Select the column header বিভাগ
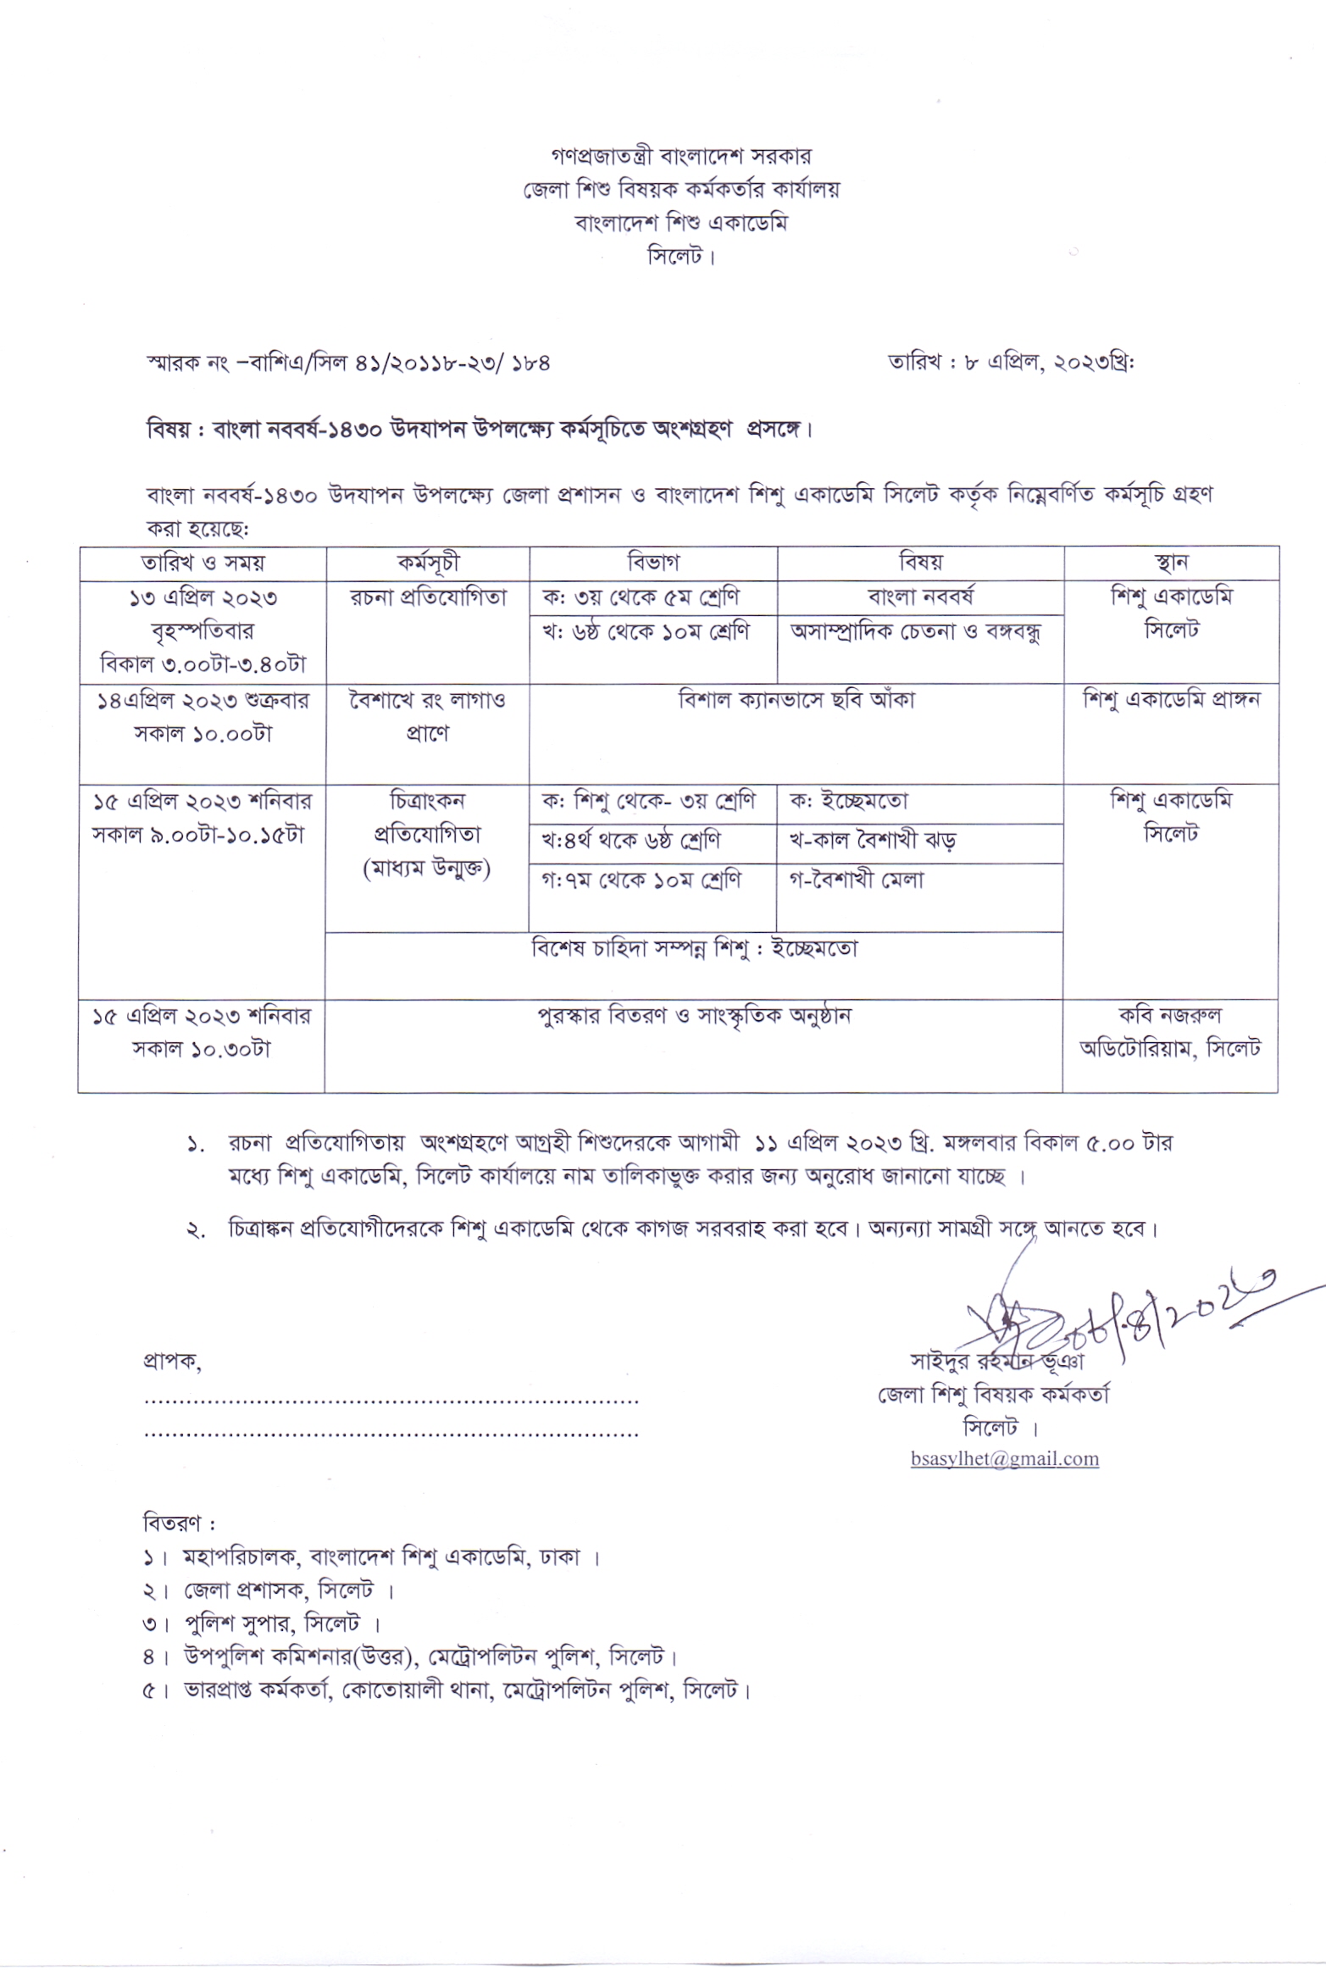tap(653, 563)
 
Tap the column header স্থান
tap(1171, 563)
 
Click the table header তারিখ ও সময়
tap(203, 563)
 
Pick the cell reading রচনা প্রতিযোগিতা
tap(428, 598)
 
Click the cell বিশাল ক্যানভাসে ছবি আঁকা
tap(796, 701)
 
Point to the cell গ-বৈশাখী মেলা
tap(857, 880)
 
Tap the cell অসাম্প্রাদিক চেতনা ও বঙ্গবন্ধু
tap(916, 632)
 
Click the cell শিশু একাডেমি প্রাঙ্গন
tap(1171, 701)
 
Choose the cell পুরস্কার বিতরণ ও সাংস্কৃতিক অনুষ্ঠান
tap(693, 1015)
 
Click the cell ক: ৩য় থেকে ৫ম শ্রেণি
tap(641, 597)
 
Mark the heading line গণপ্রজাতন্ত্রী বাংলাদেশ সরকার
tap(680, 157)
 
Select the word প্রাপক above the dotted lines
tap(172, 1363)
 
